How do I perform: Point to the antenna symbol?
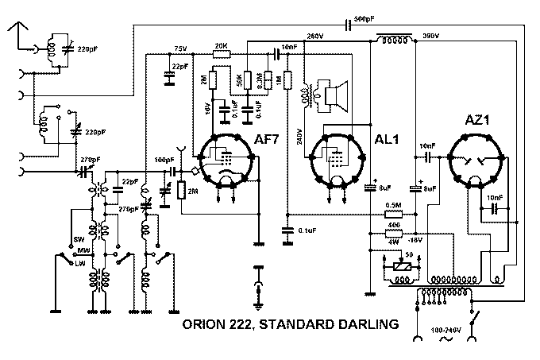[17, 30]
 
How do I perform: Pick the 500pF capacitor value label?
[365, 19]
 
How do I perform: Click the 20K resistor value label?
[222, 45]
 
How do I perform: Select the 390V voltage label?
[432, 37]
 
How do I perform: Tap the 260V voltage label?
[314, 37]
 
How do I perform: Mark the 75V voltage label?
[179, 48]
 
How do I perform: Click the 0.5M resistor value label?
[392, 205]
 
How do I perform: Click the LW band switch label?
[80, 263]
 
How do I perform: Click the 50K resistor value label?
[237, 82]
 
